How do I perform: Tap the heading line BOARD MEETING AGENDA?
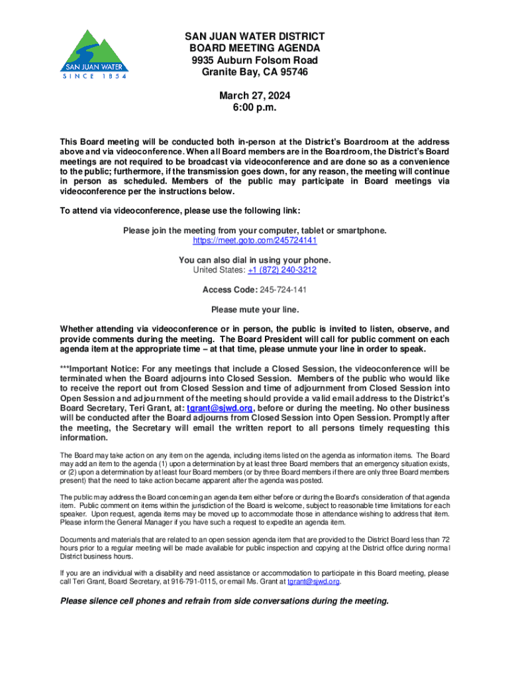coord(255,48)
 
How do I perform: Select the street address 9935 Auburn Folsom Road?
coord(255,60)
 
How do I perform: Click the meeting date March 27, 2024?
coord(255,96)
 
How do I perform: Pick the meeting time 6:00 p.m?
coord(255,108)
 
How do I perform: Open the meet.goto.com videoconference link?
coord(255,241)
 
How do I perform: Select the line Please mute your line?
coord(255,309)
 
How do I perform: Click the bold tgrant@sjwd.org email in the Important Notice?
coord(220,408)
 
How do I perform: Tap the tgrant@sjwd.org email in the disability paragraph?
coord(313,582)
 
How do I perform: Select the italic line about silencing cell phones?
coord(225,601)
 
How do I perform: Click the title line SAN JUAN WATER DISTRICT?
coord(255,36)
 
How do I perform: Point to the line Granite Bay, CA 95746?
coord(255,72)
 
